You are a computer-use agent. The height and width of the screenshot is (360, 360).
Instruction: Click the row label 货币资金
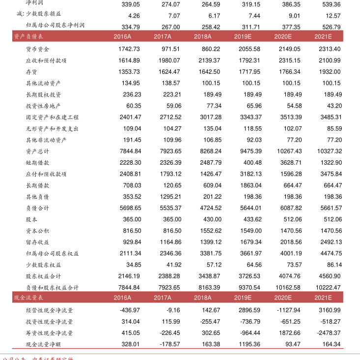pos(37,49)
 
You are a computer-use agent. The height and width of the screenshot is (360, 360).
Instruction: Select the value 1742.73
pos(130,49)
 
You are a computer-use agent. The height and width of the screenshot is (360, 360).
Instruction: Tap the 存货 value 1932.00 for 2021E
pos(330,72)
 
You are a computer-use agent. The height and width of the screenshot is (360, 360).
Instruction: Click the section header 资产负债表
pos(28,37)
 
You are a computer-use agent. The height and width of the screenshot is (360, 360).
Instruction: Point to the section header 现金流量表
pos(28,298)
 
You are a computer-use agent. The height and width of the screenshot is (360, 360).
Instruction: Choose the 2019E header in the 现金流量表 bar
pos(243,298)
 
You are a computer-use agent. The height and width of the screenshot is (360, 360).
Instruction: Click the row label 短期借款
pos(37,163)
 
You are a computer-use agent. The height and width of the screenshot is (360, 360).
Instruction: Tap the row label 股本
pos(31,219)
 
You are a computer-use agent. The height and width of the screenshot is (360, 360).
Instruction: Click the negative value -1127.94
pos(289,310)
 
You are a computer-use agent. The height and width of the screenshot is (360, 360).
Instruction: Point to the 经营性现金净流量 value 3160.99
pos(330,310)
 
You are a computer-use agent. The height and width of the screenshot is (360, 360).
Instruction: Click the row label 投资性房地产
pos(43,106)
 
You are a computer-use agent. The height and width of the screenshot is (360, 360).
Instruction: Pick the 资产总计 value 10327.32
pos(329,151)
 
